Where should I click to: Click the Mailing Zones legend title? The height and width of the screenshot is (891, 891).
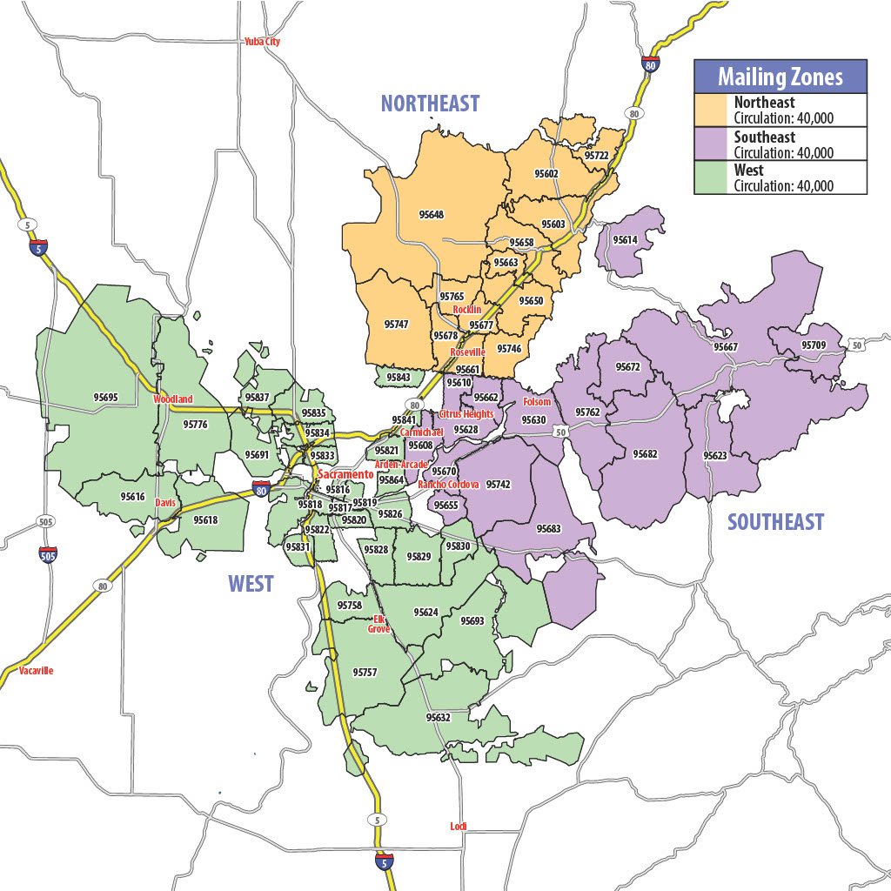tap(780, 77)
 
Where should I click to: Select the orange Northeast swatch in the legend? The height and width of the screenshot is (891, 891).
tap(713, 110)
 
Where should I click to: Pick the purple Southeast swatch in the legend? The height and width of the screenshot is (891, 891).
tap(713, 144)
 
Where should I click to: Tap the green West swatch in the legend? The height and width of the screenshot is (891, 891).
tap(713, 178)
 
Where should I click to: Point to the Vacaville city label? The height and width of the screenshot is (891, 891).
tap(35, 671)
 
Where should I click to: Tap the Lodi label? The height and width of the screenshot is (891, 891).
tap(459, 826)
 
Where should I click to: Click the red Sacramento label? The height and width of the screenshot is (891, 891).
tap(345, 474)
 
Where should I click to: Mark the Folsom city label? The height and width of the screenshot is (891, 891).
tap(537, 402)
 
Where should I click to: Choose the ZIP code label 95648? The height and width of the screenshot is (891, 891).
tap(431, 214)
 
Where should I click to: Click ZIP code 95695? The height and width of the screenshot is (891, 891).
tap(105, 398)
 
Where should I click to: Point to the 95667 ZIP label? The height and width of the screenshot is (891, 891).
tap(726, 347)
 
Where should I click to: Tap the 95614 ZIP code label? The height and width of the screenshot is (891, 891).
tap(625, 239)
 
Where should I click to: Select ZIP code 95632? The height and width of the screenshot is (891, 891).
tap(439, 718)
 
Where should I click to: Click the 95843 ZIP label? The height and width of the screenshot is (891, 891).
tap(398, 378)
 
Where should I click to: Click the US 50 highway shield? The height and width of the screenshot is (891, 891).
tap(858, 345)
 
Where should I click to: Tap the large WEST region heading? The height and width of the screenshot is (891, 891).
tap(251, 584)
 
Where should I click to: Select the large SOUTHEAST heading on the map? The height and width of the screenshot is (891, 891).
tap(775, 522)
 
